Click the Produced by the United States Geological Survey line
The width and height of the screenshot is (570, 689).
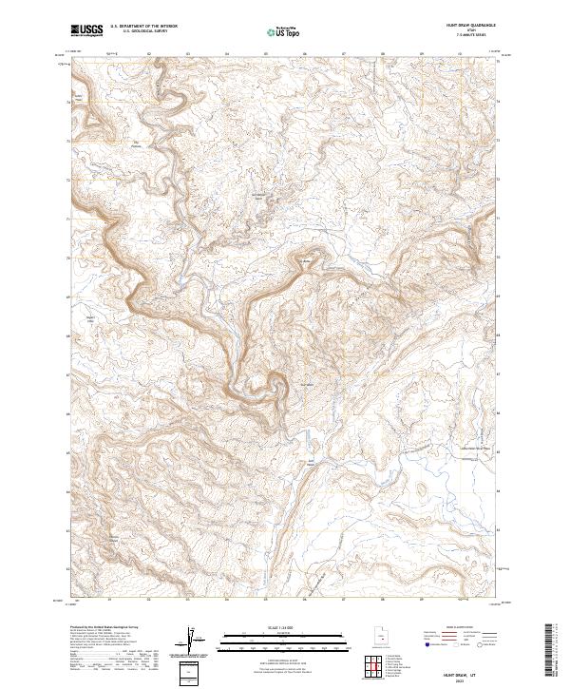click(x=104, y=628)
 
